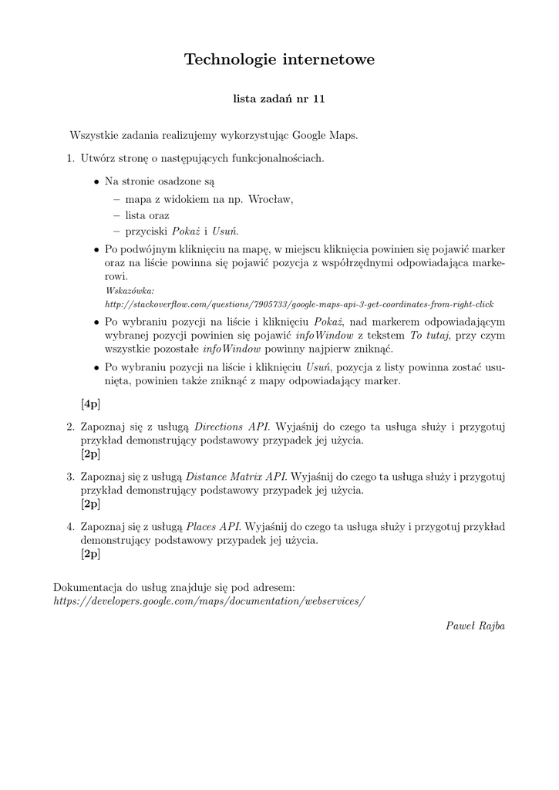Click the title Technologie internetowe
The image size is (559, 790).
coord(279,59)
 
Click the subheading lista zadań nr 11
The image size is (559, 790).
coord(279,100)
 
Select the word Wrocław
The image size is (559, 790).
coord(271,198)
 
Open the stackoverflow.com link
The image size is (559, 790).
coord(299,305)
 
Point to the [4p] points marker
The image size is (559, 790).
coord(90,403)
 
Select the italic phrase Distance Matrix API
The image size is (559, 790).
coord(236,476)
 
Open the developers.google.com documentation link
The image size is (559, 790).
coord(210,601)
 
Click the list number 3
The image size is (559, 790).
coord(69,476)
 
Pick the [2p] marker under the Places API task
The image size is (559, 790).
coord(90,554)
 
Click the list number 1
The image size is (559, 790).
coord(69,158)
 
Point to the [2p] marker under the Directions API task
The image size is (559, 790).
coord(90,454)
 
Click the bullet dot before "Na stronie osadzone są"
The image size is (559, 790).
coord(96,182)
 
